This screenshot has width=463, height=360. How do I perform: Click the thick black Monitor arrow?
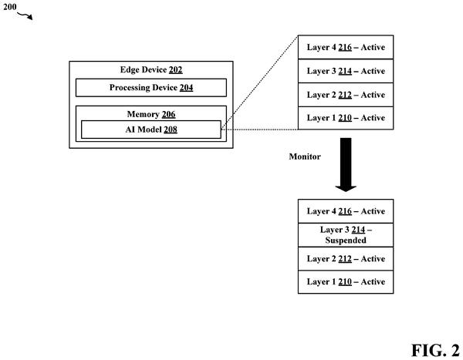[346, 165]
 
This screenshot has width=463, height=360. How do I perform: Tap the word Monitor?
[305, 156]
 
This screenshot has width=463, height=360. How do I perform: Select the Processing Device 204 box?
[151, 88]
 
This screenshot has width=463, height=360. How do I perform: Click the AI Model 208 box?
[151, 130]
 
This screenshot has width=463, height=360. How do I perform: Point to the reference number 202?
[176, 69]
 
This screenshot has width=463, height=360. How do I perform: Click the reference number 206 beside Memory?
[168, 114]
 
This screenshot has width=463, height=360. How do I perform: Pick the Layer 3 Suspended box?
[346, 235]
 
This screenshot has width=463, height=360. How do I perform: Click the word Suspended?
[346, 241]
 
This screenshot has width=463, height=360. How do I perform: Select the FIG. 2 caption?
[435, 350]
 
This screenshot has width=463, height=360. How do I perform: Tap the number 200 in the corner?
[10, 6]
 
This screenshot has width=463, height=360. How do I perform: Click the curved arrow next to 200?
[25, 15]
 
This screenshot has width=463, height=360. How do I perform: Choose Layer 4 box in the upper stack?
[346, 47]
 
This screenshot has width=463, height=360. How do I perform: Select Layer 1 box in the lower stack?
[346, 282]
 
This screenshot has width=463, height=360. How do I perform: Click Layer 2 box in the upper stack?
[346, 95]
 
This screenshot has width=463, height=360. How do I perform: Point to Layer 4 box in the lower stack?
[346, 211]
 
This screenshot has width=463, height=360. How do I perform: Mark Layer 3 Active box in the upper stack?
[346, 71]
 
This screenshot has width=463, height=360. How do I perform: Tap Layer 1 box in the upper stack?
[346, 118]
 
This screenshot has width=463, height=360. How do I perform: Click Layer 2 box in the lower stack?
[346, 259]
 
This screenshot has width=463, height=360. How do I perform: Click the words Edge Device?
[144, 69]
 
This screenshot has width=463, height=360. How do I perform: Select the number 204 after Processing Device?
[186, 88]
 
